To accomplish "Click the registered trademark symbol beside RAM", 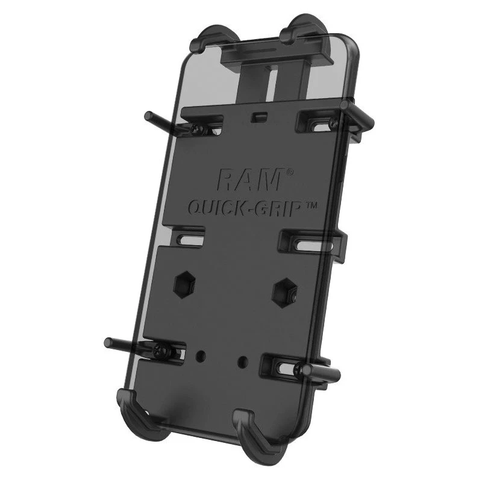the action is pos(290,173).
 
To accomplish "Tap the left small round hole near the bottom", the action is pos(201,356).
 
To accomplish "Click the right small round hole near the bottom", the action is pos(243,360).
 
